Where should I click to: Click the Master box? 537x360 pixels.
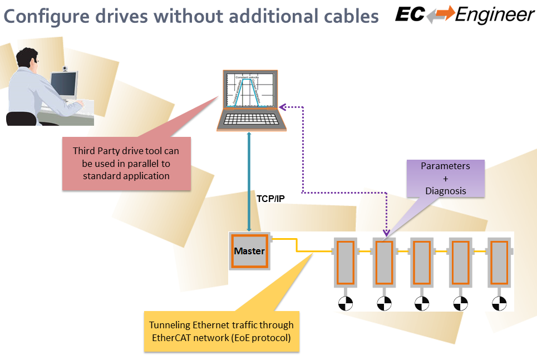(249, 251)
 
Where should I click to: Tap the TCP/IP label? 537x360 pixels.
(270, 198)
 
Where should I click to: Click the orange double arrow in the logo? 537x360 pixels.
(440, 15)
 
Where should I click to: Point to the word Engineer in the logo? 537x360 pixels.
(495, 15)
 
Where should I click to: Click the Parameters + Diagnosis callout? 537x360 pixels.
(445, 178)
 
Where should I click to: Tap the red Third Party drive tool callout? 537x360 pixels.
(126, 163)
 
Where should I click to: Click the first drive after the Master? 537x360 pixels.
(345, 262)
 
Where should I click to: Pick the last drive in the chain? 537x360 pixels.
(499, 262)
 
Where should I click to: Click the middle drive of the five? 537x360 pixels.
(422, 262)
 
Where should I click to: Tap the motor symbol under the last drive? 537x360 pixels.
(499, 303)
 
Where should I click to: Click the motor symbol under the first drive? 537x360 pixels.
(345, 303)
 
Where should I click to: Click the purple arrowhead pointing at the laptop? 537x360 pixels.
(282, 105)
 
